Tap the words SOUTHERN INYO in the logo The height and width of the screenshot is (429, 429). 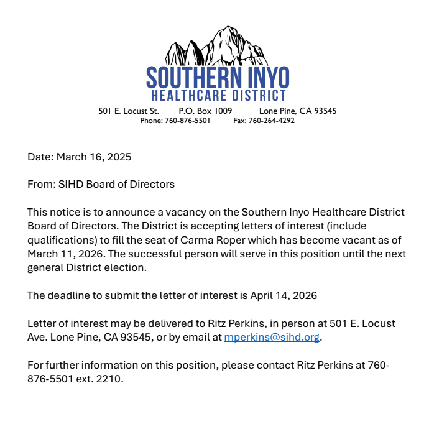click(218, 78)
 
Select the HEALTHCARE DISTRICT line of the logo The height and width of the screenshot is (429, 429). click(218, 96)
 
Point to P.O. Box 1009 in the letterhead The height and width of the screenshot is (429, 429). click(205, 111)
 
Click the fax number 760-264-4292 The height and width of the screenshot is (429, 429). click(271, 121)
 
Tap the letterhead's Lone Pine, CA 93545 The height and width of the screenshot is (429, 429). click(298, 111)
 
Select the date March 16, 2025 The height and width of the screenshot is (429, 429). click(94, 157)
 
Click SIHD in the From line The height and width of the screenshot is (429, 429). click(71, 184)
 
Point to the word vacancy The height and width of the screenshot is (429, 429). click(172, 213)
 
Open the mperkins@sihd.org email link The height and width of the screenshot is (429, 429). click(272, 338)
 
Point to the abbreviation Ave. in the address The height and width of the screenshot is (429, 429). click(37, 338)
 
